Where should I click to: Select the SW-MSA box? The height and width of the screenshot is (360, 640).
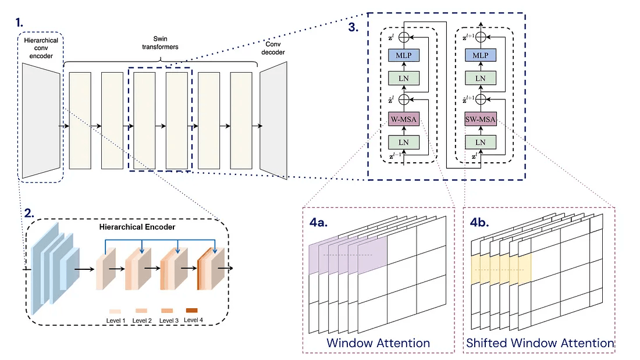pyautogui.click(x=480, y=120)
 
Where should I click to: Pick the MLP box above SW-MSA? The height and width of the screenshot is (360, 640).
pyautogui.click(x=480, y=55)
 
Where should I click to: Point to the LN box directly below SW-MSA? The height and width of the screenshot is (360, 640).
pyautogui.click(x=480, y=142)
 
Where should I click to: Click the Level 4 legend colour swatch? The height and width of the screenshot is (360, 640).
pyautogui.click(x=191, y=310)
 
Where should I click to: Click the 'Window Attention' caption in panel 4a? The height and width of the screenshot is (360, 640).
pyautogui.click(x=378, y=343)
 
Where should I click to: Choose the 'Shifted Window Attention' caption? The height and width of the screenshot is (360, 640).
pyautogui.click(x=540, y=343)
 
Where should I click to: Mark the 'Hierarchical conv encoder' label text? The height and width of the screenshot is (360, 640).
pyautogui.click(x=41, y=48)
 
